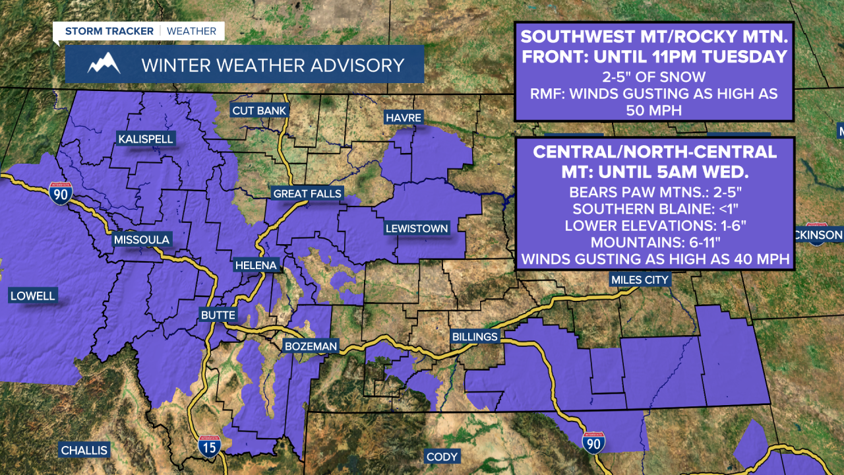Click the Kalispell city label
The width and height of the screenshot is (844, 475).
(x=145, y=139)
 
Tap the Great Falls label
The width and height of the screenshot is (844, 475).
(x=308, y=193)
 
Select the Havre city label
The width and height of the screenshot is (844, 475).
(x=404, y=117)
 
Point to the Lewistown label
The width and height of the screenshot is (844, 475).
(x=417, y=229)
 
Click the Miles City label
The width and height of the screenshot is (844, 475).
(x=640, y=280)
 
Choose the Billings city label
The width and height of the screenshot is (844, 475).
(x=475, y=336)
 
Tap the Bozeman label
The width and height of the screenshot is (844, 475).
(x=311, y=346)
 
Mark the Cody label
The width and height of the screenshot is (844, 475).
(x=442, y=457)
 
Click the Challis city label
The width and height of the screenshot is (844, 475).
(x=84, y=451)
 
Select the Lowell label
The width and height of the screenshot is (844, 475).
(x=32, y=296)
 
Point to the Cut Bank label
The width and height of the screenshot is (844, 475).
(x=259, y=110)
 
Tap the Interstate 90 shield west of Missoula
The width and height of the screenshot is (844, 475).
(x=60, y=193)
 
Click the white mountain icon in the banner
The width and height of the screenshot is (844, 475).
(x=104, y=65)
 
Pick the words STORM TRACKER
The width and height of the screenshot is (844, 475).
(x=109, y=31)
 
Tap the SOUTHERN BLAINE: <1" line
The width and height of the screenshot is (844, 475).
(x=656, y=210)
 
